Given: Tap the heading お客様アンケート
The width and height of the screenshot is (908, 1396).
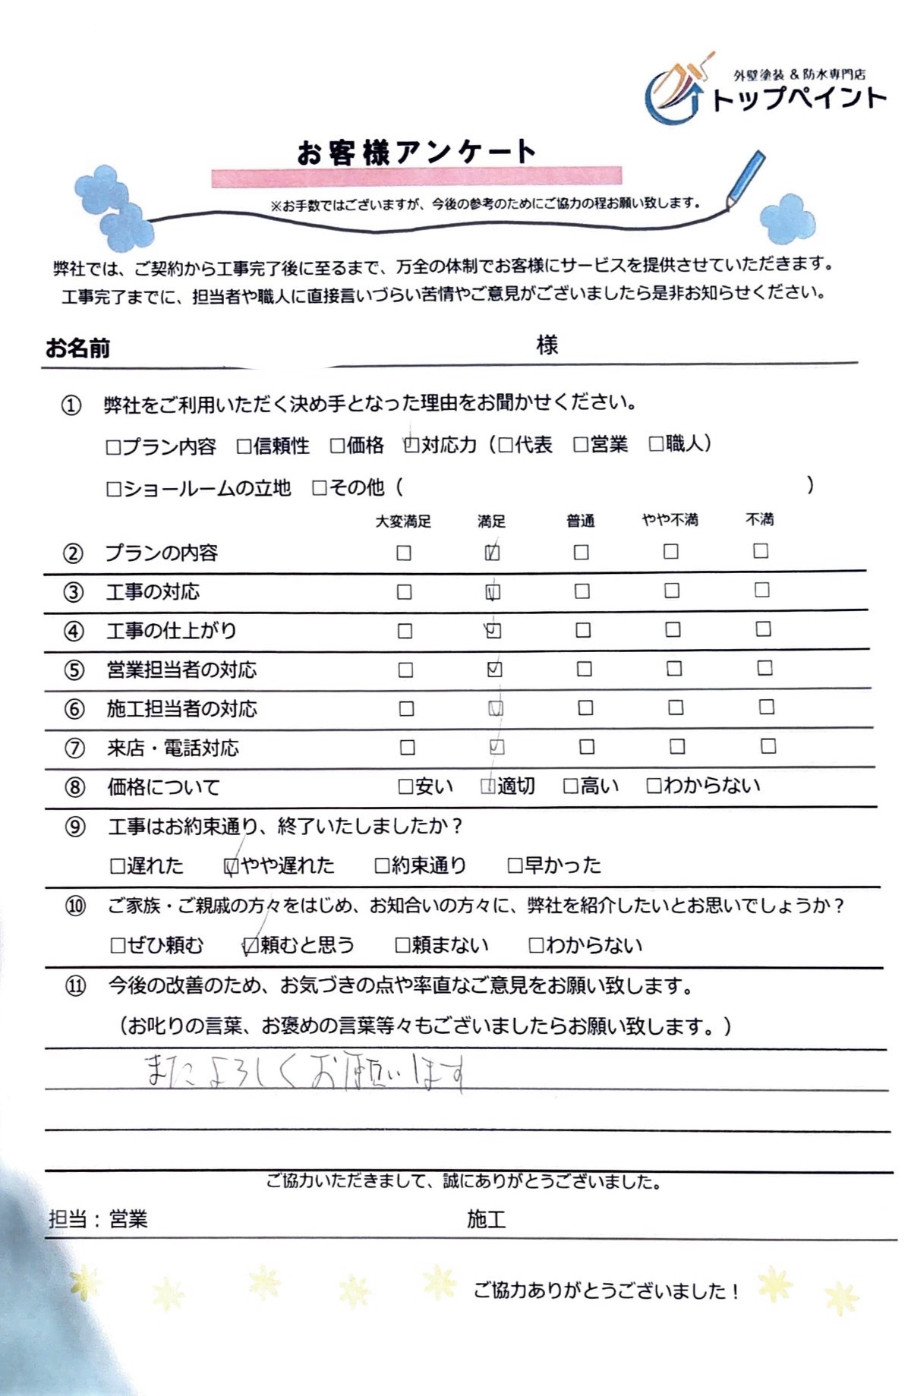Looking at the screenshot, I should (x=416, y=152).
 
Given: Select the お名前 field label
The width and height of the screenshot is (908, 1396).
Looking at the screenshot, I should (x=77, y=348).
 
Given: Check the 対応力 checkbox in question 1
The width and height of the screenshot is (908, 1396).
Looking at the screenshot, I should (x=411, y=445).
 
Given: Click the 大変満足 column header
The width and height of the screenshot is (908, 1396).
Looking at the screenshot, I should (x=403, y=522).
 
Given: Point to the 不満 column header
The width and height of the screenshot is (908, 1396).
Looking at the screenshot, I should (x=759, y=519).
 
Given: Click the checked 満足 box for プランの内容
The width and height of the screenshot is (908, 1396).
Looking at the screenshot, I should (x=492, y=553).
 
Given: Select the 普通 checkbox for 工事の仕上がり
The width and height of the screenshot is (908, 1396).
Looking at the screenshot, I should (x=582, y=630).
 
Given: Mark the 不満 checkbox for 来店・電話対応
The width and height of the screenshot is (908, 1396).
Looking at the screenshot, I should (x=768, y=746).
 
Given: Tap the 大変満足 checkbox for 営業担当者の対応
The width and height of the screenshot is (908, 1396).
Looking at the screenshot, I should (x=406, y=670).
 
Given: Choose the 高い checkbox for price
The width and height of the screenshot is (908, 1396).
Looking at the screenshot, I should (x=571, y=786).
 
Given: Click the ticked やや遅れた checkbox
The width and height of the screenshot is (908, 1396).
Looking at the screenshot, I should (x=232, y=865).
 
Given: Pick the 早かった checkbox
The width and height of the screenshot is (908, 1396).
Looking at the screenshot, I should (x=515, y=865).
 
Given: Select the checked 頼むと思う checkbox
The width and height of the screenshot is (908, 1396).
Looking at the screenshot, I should (x=251, y=945).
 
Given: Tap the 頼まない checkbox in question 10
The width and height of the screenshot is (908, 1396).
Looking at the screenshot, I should (x=402, y=945).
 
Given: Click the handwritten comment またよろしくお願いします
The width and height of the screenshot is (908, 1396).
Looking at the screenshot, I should (x=304, y=1073).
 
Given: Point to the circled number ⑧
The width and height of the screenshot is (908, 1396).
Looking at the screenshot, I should (x=74, y=787).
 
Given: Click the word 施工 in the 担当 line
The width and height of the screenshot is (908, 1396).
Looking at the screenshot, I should (x=486, y=1220).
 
